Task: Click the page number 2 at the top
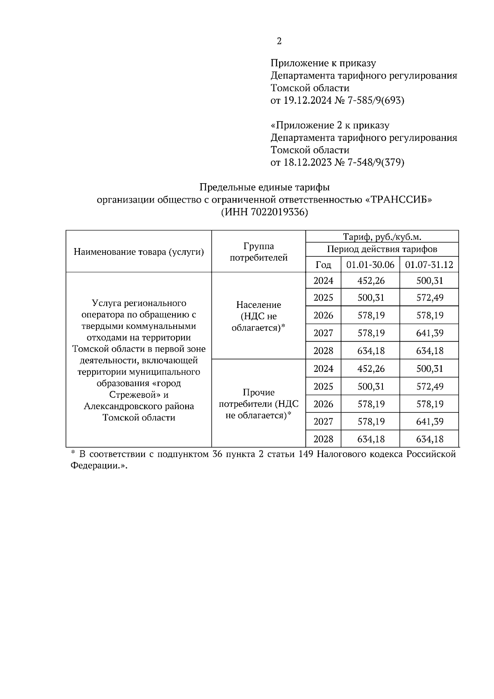tap(279, 41)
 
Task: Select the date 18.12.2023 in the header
tap(307, 163)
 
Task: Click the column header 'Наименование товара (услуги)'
tap(139, 252)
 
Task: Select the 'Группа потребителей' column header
tap(259, 252)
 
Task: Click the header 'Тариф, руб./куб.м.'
tap(382, 237)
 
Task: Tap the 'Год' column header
tap(323, 265)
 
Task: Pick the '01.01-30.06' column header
tap(370, 265)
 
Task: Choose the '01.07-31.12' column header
tap(429, 265)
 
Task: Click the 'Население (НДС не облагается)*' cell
tap(259, 316)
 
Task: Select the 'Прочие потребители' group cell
tap(259, 404)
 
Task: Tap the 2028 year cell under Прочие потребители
tap(323, 439)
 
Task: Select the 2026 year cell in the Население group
tap(323, 316)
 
